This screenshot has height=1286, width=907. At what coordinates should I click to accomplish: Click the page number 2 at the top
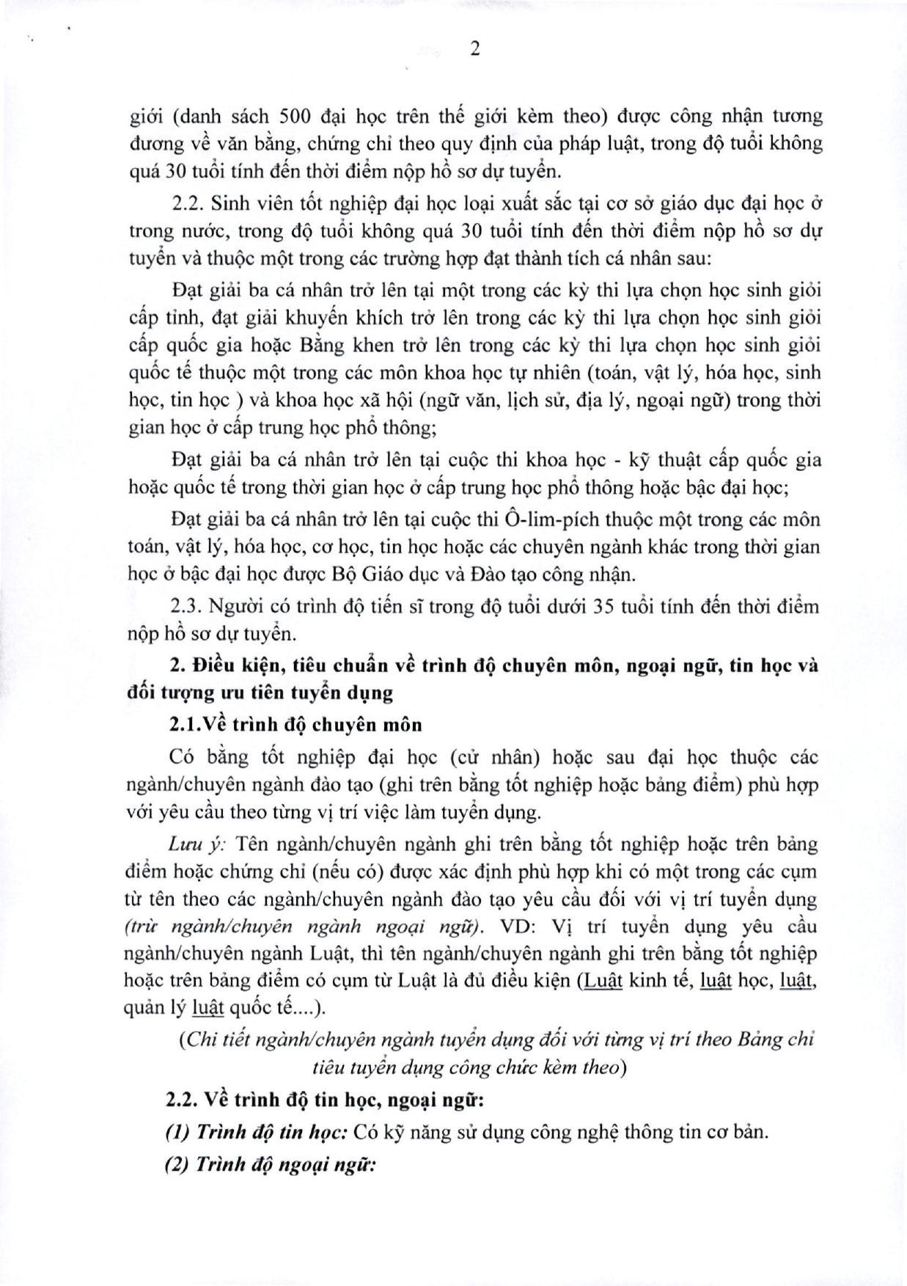click(474, 50)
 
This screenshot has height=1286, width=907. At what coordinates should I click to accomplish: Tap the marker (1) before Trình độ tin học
click(177, 1132)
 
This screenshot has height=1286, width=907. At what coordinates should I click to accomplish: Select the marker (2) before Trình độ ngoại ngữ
click(177, 1165)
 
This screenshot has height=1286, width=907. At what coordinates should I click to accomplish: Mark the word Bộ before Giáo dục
click(396, 574)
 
